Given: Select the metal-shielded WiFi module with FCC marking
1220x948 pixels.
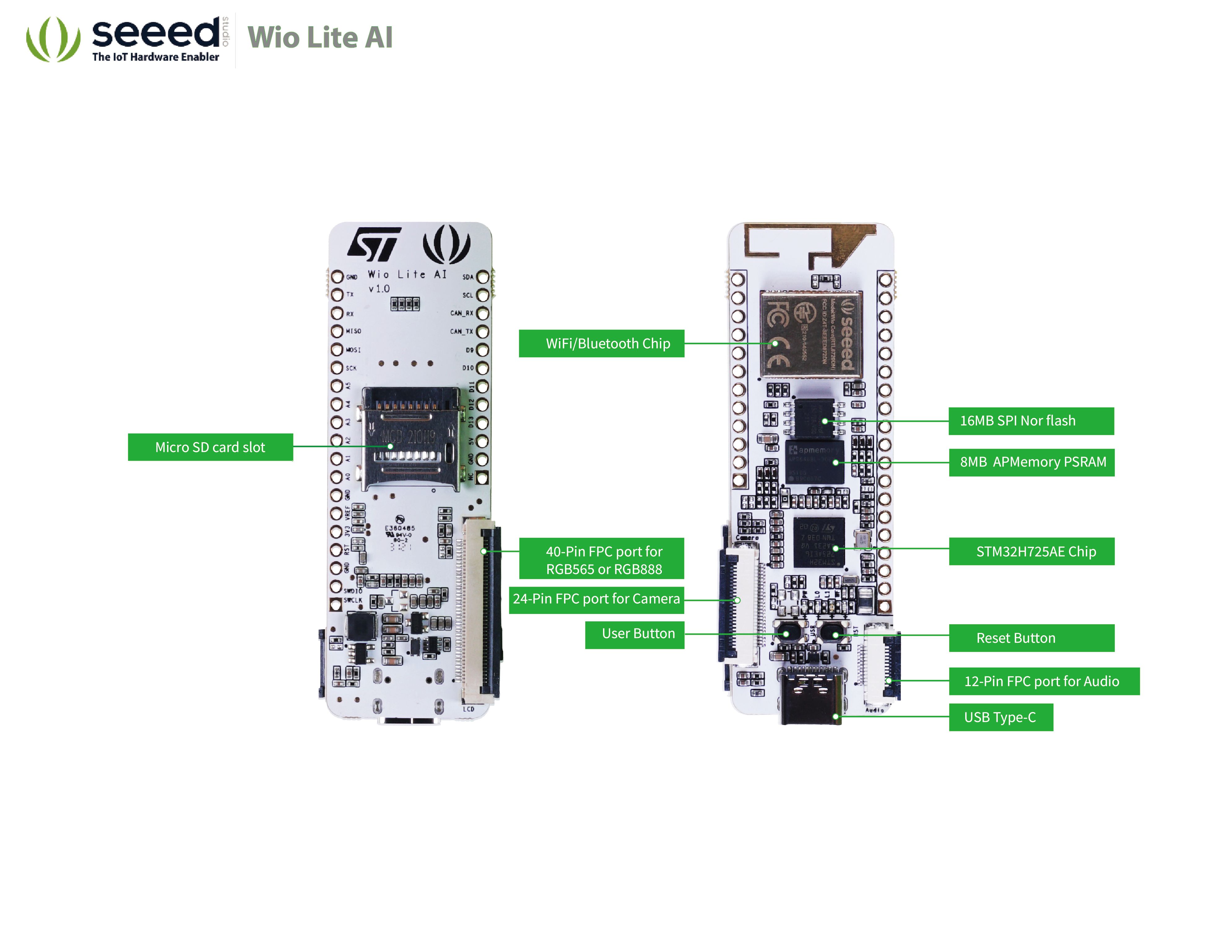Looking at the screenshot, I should click(811, 334).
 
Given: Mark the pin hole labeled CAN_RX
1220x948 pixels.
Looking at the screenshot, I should click(483, 313).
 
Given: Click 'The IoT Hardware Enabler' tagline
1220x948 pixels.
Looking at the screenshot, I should click(155, 57).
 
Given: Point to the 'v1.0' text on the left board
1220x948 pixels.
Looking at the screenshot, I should click(379, 289).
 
